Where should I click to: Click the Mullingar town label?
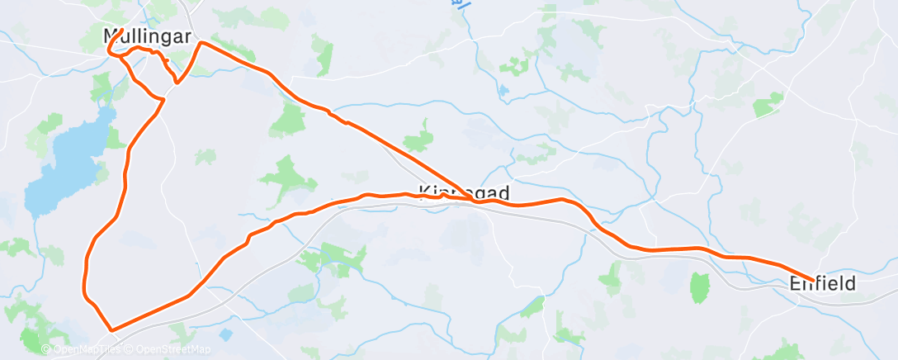[147, 36]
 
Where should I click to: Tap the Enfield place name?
[822, 283]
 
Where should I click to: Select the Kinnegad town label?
[464, 192]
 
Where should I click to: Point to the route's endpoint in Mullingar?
[121, 31]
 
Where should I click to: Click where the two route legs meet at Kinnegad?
[474, 199]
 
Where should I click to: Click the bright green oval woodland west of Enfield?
[700, 287]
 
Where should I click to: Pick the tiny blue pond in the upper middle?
[503, 90]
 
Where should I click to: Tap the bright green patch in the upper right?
[768, 102]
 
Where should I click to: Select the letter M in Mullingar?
[111, 36]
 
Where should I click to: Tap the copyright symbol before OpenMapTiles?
[45, 350]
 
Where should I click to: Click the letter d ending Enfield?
[849, 283]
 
